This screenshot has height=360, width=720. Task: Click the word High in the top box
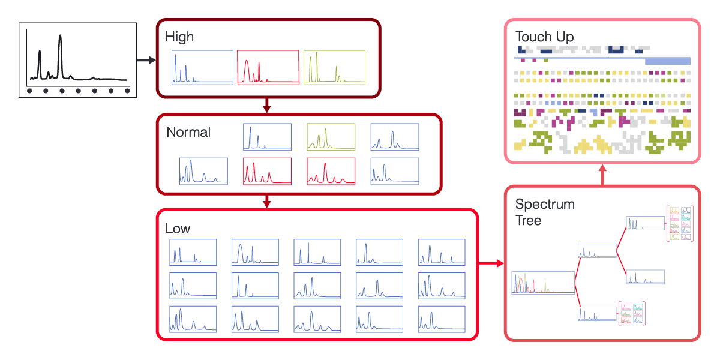tap(179, 37)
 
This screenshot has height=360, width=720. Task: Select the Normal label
tap(188, 132)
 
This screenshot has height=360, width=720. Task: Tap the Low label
tap(178, 229)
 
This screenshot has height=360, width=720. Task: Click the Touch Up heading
tap(544, 37)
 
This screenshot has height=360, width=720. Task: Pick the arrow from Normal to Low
tap(268, 202)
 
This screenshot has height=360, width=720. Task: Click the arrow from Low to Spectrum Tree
tap(491, 263)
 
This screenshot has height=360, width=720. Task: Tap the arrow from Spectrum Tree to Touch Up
tap(602, 175)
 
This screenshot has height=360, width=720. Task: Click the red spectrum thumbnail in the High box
tap(268, 67)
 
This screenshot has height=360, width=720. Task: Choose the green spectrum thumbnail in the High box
tap(334, 67)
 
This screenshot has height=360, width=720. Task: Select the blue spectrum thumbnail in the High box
tap(202, 67)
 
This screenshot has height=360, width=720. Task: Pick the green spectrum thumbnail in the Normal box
tap(331, 137)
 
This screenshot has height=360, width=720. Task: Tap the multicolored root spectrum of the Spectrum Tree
tap(542, 283)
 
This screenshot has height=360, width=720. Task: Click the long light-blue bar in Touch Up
tap(667, 61)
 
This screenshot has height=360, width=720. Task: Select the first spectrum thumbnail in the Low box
tap(193, 252)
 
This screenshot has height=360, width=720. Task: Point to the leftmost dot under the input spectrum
tap(29, 91)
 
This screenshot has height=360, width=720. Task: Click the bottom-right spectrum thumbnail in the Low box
tap(442, 319)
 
